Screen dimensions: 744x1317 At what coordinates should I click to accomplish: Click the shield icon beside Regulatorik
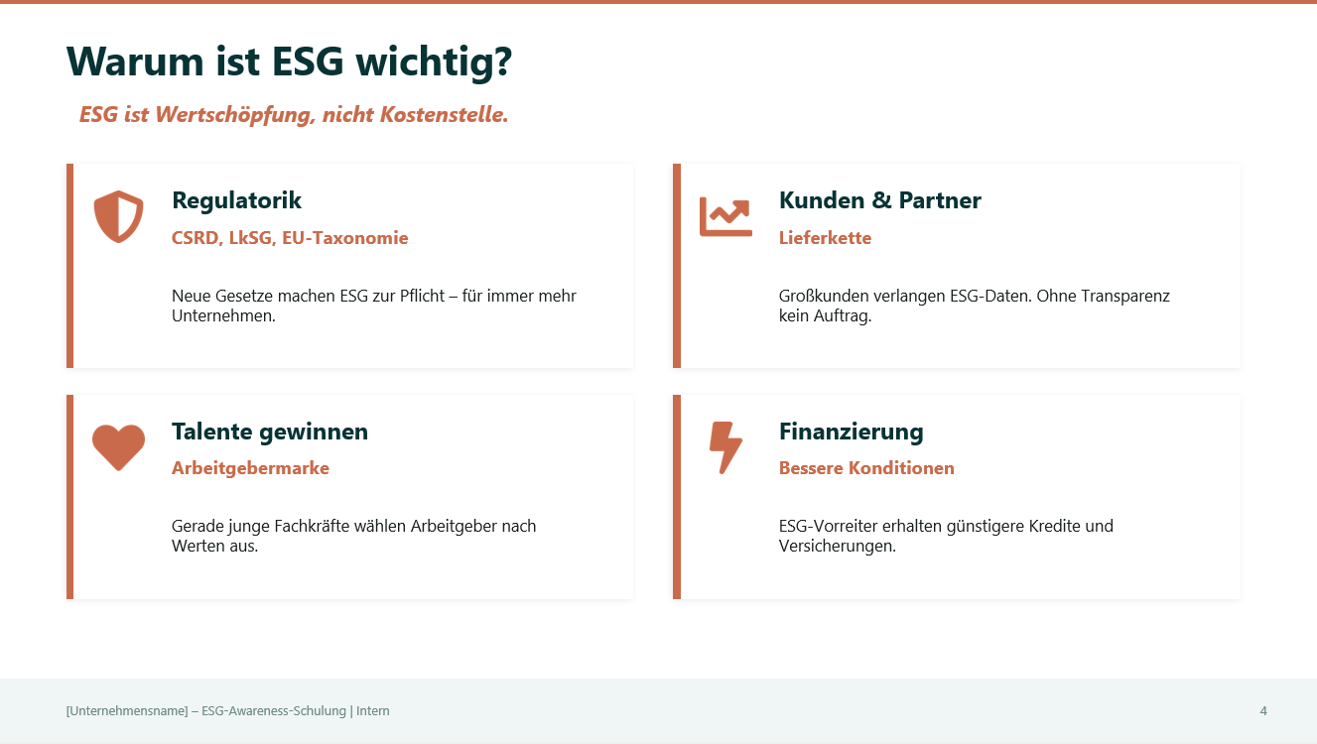coord(118,216)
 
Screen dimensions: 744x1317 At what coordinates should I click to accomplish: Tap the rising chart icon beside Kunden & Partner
coord(725,216)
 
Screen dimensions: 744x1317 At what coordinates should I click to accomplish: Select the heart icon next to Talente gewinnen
coord(118,446)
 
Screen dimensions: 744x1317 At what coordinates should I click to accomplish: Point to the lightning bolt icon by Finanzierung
coord(725,447)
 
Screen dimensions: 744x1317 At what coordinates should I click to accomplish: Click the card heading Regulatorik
coord(236,200)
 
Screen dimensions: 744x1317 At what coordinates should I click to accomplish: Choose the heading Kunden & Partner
coord(879,200)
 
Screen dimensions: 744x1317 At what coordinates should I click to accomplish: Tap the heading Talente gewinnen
coord(269,432)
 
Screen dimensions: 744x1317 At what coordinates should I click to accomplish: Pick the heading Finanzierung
coord(851,432)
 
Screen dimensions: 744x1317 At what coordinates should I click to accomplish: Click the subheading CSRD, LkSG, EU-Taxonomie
coord(290,238)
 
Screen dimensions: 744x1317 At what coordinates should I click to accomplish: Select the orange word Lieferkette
coord(825,238)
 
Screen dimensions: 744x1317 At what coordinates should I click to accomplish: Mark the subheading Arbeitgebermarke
coord(250,468)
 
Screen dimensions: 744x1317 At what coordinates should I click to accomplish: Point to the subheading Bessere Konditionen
coord(866,468)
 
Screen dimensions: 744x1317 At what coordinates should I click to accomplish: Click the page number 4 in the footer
coord(1263,710)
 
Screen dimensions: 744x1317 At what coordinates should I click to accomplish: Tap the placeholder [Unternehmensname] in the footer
coord(127,710)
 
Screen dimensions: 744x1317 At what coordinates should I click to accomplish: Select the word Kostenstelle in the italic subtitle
coord(450,115)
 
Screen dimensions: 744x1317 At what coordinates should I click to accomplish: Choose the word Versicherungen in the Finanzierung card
coord(837,547)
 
